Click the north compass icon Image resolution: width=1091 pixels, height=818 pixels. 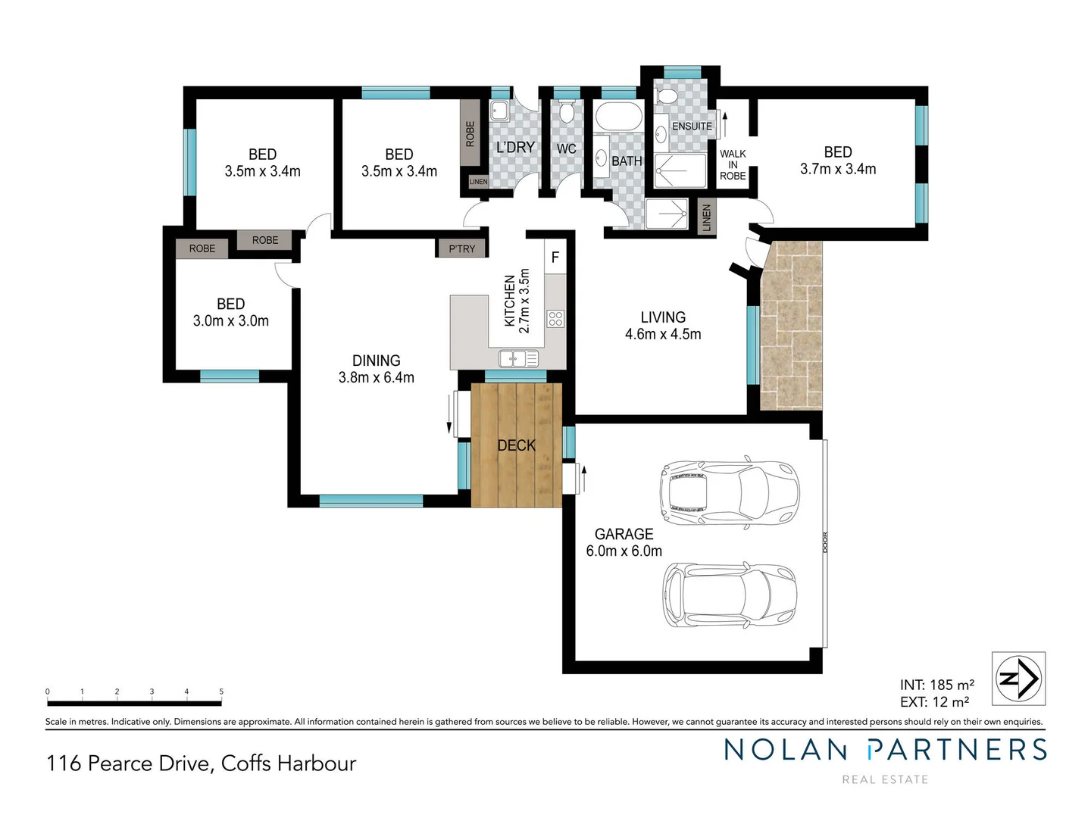point(1018,678)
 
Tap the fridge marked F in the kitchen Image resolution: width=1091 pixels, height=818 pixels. point(555,258)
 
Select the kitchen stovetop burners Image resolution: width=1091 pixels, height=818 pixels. point(555,318)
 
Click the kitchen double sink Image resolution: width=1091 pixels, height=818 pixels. point(518,357)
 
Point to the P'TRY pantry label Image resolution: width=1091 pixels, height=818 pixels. point(461,248)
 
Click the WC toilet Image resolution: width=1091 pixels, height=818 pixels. point(566,112)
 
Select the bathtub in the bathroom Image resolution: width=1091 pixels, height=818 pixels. point(617,117)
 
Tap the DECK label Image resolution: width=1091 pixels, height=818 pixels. point(516,445)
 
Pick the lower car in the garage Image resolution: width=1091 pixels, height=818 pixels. point(729,595)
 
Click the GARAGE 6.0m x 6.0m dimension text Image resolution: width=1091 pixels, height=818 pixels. point(624,551)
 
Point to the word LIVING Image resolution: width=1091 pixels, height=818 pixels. point(663,317)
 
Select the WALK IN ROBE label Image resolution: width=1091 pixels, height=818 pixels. point(733,164)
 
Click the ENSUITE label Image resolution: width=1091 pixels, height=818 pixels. point(692,126)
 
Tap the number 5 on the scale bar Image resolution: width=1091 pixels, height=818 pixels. point(221,692)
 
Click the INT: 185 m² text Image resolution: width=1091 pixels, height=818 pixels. point(936,685)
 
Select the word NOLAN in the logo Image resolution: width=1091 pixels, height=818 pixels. point(785,750)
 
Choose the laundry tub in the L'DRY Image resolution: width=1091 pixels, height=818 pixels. point(500,111)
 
